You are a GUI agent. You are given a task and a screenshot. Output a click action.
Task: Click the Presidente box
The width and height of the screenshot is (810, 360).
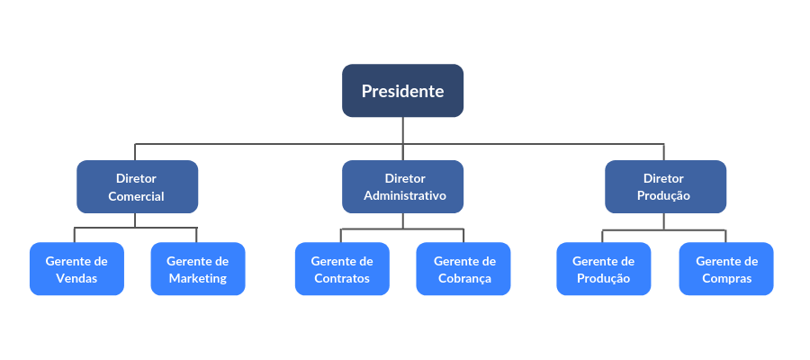[x=402, y=91]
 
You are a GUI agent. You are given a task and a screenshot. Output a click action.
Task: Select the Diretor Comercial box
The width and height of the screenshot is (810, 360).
[x=137, y=187]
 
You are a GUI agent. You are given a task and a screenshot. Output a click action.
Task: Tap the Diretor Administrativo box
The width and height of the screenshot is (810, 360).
[x=403, y=187]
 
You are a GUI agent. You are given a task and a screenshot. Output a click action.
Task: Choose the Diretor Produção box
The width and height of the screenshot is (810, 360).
[x=665, y=187]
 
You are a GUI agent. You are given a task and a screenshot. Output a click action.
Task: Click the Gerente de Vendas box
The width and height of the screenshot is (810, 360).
[x=76, y=269]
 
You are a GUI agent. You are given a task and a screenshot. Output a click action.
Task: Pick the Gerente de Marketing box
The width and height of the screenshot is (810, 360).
[x=197, y=269]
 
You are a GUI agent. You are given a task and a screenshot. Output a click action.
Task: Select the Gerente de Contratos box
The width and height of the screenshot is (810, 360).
[x=342, y=269]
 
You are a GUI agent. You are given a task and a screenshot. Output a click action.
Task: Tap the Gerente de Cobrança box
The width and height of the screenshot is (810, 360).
[x=463, y=269]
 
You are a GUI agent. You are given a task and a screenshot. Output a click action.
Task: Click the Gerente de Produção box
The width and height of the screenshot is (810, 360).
[x=603, y=269]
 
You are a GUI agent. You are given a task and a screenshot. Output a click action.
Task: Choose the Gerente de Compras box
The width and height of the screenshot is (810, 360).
[x=726, y=269]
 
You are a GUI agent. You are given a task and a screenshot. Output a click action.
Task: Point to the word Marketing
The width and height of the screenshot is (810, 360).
[x=197, y=278]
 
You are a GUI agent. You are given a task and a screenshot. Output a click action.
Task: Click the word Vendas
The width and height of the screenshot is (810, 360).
[x=76, y=278]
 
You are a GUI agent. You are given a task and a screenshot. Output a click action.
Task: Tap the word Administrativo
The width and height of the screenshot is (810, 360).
[x=404, y=196]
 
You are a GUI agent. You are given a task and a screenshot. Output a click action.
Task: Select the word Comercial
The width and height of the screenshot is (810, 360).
[x=137, y=196]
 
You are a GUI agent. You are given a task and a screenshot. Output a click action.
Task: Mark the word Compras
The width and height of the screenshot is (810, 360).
[x=726, y=278]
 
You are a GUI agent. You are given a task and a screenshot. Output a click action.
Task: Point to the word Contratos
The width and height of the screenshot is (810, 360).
[x=342, y=278]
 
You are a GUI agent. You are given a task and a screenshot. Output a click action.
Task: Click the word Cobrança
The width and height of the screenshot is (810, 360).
[x=463, y=278]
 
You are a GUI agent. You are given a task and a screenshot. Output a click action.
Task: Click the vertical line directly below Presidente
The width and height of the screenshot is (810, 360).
[x=403, y=130]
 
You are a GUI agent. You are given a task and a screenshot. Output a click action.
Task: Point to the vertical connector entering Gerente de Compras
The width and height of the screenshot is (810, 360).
[x=725, y=236]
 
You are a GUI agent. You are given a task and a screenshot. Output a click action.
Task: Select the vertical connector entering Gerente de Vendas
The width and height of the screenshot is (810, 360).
[x=75, y=236]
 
